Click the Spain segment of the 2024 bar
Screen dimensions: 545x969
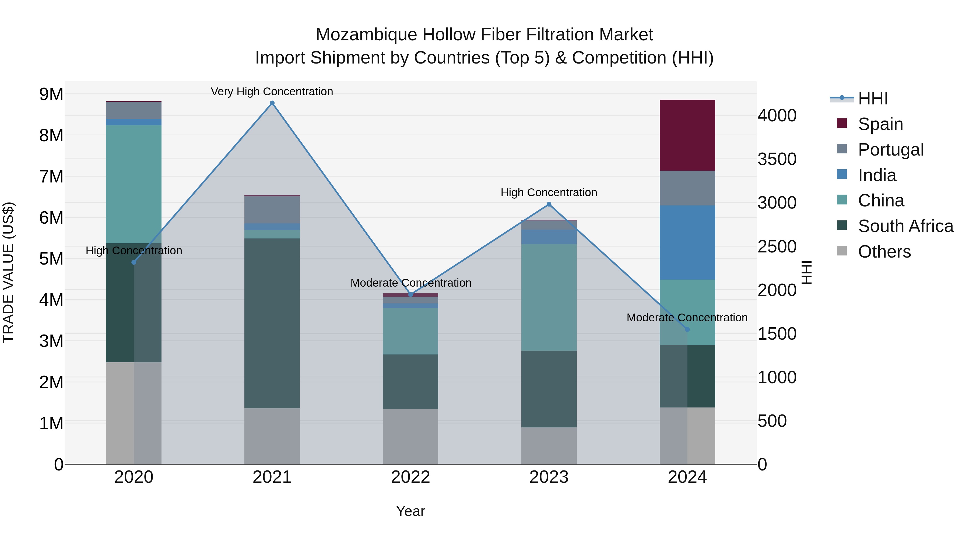click(687, 135)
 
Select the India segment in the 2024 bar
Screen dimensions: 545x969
click(687, 242)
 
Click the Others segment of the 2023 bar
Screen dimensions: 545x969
click(549, 445)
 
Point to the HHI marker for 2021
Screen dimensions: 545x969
click(272, 103)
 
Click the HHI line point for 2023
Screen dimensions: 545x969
click(549, 204)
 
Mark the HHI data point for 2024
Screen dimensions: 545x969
click(687, 329)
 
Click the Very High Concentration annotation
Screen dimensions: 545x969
click(272, 92)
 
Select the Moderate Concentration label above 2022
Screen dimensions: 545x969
click(410, 283)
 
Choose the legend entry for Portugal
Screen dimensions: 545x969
click(890, 149)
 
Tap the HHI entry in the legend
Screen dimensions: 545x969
click(873, 99)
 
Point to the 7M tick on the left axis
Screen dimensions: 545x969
click(51, 176)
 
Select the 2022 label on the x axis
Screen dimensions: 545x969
click(410, 477)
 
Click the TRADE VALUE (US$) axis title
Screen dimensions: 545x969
click(8, 272)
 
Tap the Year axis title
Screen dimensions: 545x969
click(410, 511)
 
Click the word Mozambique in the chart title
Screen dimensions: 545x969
click(366, 35)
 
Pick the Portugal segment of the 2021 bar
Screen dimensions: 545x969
click(272, 209)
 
